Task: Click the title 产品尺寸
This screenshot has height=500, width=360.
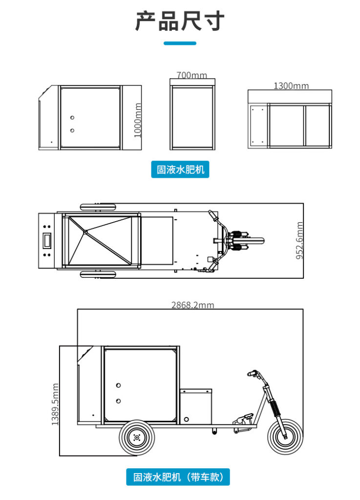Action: (180, 21)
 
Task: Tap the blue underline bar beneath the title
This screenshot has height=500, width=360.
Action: (180, 43)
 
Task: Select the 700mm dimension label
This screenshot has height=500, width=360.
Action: (191, 75)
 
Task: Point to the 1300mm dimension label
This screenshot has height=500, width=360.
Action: (291, 86)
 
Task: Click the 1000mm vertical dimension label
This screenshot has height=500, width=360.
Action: (137, 120)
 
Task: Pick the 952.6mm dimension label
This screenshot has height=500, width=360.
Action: (300, 240)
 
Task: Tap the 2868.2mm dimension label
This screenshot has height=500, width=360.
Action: (192, 305)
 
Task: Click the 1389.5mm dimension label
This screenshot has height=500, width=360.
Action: (55, 404)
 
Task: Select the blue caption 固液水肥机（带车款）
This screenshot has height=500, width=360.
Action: (178, 477)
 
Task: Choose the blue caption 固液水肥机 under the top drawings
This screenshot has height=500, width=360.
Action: (180, 169)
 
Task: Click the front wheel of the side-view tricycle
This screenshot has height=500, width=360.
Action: (285, 437)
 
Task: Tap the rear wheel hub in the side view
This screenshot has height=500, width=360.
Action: (137, 437)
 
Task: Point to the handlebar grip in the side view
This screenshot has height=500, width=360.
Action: (252, 373)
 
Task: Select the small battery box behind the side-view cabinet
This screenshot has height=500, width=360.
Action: (196, 407)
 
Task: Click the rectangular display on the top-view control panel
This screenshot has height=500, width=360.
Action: (47, 240)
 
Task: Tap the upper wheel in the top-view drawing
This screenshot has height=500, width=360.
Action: (98, 207)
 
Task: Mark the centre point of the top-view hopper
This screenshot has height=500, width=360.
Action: (85, 232)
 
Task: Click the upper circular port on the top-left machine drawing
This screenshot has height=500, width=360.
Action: (72, 118)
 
